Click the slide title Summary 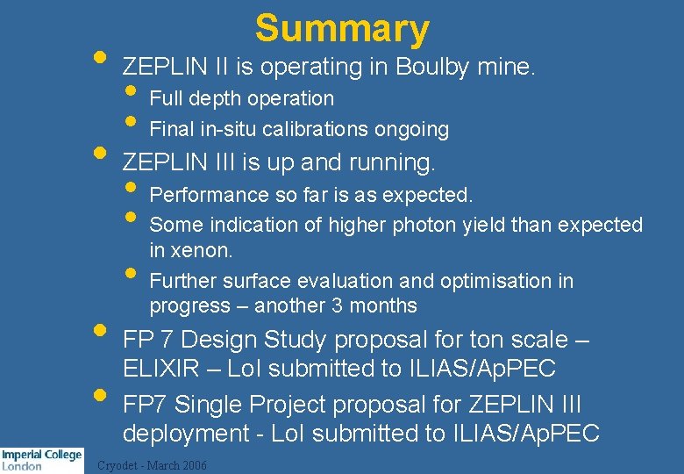(x=342, y=28)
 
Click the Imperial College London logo (x=41, y=460)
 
